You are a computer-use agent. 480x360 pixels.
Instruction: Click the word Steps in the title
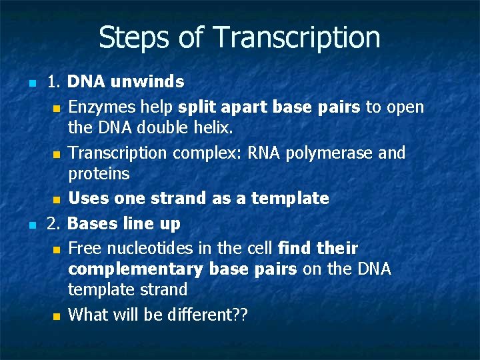133,37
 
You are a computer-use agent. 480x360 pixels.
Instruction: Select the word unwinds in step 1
147,82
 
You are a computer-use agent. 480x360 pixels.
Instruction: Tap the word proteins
99,174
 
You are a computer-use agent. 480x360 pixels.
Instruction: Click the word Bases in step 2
91,223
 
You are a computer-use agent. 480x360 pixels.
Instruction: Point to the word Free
84,249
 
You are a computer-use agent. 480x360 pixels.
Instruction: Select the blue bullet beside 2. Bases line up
31,225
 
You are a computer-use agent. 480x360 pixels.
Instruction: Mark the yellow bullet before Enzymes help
57,109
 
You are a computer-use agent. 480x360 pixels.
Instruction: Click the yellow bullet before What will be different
57,315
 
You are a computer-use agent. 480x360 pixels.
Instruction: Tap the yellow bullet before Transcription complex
57,155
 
